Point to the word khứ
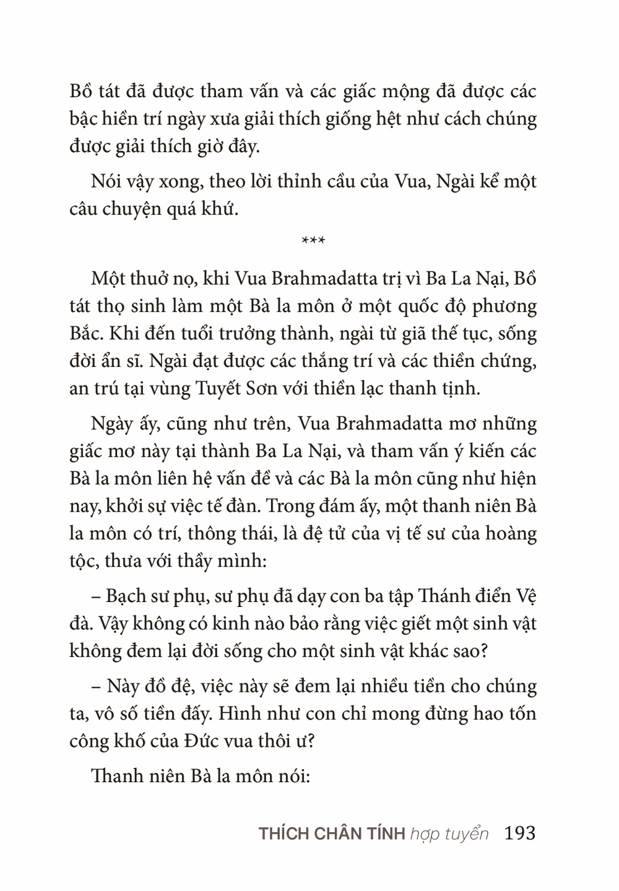(222, 209)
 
